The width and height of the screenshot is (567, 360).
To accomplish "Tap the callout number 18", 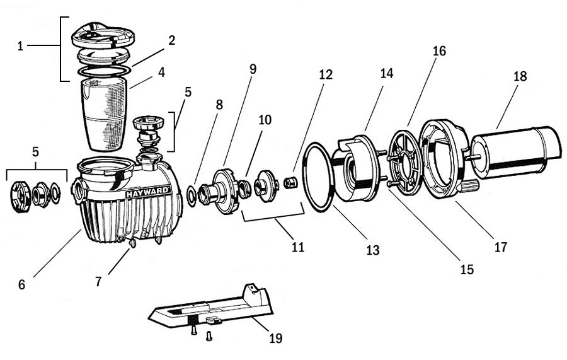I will pos(520,77).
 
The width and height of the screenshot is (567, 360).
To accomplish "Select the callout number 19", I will pos(275,339).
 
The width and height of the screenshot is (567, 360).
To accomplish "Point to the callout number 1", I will pos(21,46).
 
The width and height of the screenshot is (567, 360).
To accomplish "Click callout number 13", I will pos(372,250).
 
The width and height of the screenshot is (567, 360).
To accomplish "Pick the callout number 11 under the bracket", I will pos(297,247).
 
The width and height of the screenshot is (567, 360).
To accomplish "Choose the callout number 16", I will pos(438,51).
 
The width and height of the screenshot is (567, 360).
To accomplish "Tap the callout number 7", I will pos(99,282).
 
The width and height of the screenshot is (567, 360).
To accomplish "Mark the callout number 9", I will pos(253,69).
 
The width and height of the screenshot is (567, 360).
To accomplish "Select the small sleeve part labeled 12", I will pos(290,183).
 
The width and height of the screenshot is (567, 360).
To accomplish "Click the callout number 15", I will pos(467,269).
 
